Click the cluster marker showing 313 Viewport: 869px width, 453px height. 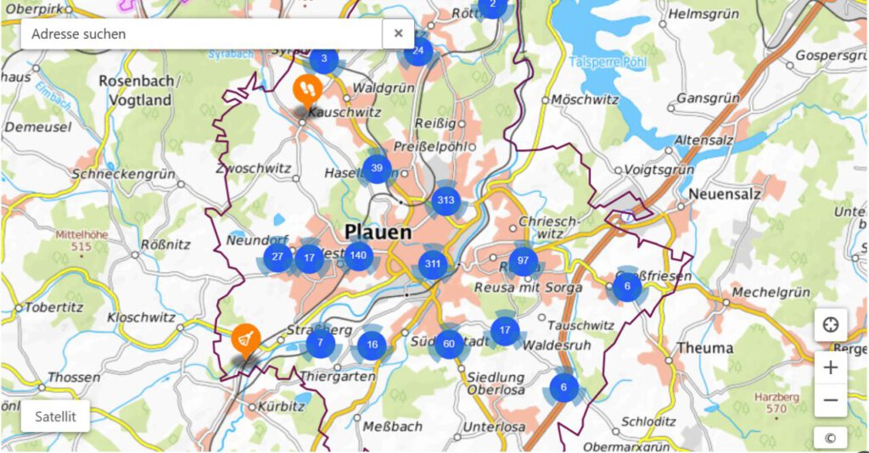[446, 201]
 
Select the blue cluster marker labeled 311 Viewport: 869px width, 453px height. [434, 263]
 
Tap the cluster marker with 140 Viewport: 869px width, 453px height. [358, 254]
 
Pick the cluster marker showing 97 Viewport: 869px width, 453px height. [523, 260]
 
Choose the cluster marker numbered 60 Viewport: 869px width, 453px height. [449, 344]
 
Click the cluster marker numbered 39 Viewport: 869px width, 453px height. [377, 168]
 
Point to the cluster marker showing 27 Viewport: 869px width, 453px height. [278, 257]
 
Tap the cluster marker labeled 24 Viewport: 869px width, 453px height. [418, 51]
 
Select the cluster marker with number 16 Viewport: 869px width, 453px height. [372, 344]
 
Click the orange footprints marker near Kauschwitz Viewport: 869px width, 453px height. [306, 87]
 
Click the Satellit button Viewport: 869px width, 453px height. [55, 417]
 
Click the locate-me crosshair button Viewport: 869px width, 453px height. [831, 324]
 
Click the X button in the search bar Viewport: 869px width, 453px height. [398, 34]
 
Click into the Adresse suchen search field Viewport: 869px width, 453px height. [204, 34]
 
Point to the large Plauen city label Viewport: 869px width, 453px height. [378, 232]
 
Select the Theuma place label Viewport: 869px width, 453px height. [705, 348]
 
